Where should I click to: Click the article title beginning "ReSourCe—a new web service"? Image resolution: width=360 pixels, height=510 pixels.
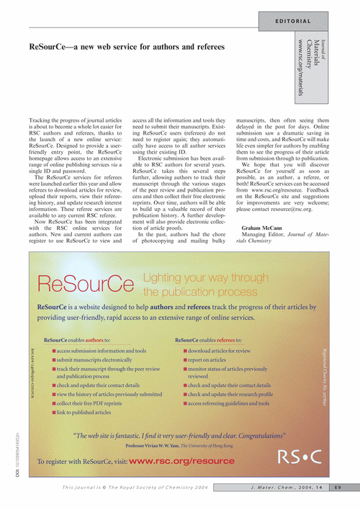tap(127, 47)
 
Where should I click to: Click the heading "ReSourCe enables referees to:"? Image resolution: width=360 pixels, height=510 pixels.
tap(208, 340)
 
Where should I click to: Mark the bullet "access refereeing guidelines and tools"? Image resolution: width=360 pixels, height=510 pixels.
tap(228, 403)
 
